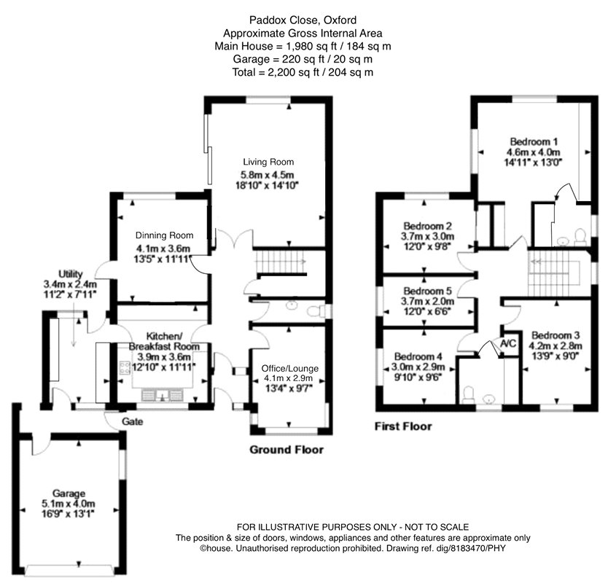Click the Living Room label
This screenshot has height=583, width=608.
(x=269, y=162)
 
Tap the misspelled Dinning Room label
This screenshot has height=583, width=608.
(x=165, y=235)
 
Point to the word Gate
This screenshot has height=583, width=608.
(x=133, y=422)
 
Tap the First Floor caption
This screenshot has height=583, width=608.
(x=403, y=426)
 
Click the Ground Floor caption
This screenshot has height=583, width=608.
(x=287, y=450)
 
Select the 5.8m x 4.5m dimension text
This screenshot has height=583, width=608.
(x=269, y=174)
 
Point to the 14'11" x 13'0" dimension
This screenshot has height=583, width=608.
(x=534, y=163)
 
